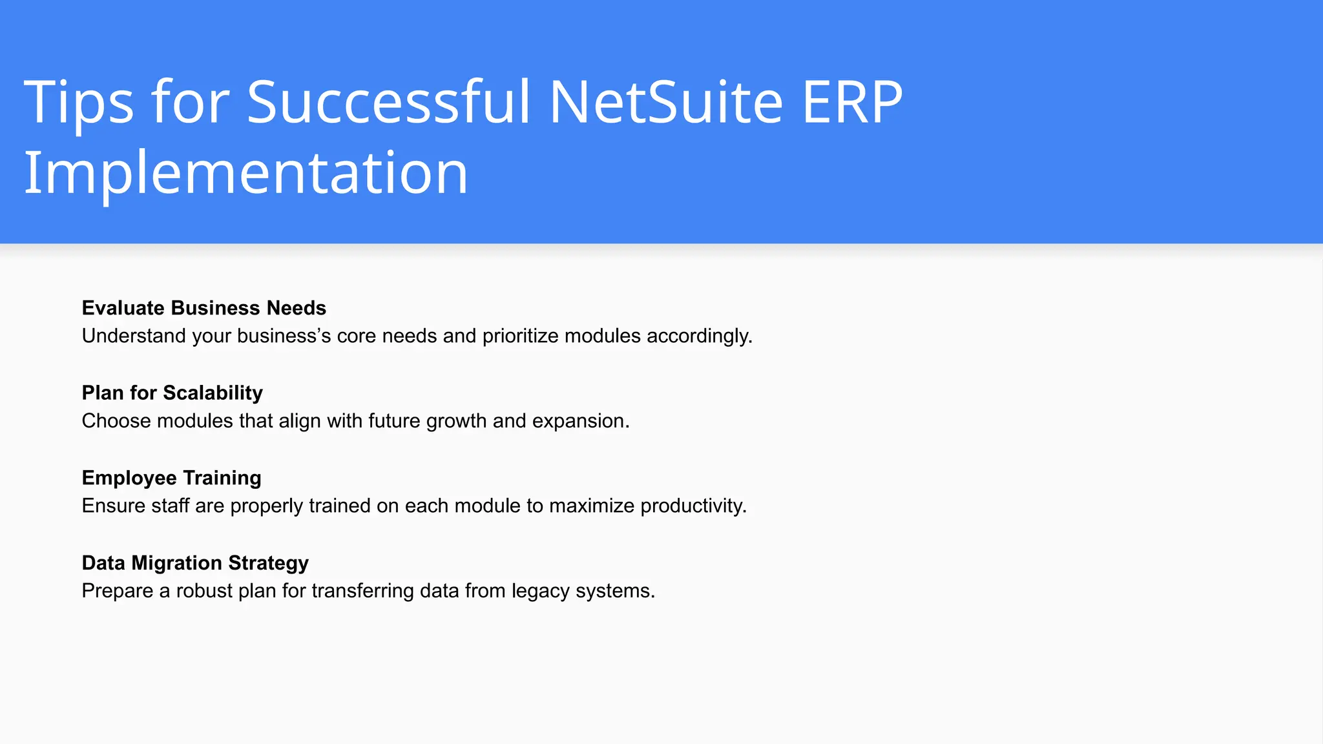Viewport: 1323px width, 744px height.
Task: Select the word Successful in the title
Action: point(388,102)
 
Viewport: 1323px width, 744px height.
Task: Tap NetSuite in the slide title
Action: point(666,102)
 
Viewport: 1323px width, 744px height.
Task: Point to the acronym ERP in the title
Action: point(851,102)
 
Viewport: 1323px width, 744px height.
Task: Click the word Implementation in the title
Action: point(245,173)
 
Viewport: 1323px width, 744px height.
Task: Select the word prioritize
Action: point(520,336)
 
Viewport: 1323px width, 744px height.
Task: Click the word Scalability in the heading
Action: point(213,393)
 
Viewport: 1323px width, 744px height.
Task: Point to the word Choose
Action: point(116,421)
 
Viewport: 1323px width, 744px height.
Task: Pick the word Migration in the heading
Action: point(176,563)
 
